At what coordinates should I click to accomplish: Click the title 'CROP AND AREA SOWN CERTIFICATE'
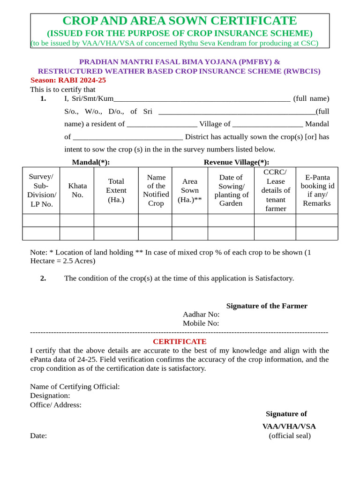pyautogui.click(x=180, y=21)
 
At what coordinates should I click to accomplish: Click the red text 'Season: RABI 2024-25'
pyautogui.click(x=68, y=80)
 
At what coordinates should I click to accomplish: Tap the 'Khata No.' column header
pyautogui.click(x=77, y=190)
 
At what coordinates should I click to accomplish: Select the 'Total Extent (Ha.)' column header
pyautogui.click(x=116, y=190)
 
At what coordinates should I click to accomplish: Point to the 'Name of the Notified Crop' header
pyautogui.click(x=156, y=190)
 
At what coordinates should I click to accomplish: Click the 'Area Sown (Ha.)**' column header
pyautogui.click(x=190, y=190)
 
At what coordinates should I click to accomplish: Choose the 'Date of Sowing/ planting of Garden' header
pyautogui.click(x=231, y=190)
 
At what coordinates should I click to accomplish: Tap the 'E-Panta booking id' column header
pyautogui.click(x=317, y=190)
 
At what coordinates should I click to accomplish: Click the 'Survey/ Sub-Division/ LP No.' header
pyautogui.click(x=41, y=190)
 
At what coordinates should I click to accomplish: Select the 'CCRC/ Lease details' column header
pyautogui.click(x=275, y=190)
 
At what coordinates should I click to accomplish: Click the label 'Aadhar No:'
pyautogui.click(x=201, y=314)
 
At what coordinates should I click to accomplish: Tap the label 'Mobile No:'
pyautogui.click(x=201, y=323)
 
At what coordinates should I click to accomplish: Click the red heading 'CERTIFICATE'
pyautogui.click(x=180, y=341)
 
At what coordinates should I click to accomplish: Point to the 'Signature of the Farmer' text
pyautogui.click(x=267, y=306)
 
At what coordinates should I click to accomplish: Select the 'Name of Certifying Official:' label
pyautogui.click(x=75, y=386)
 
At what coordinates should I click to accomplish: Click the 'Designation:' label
pyautogui.click(x=50, y=395)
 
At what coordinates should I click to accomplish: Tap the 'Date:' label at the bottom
pyautogui.click(x=38, y=435)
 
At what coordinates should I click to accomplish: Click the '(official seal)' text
pyautogui.click(x=289, y=435)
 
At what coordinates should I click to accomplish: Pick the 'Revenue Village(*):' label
pyautogui.click(x=236, y=162)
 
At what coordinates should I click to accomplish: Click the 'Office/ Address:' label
pyautogui.click(x=56, y=405)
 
